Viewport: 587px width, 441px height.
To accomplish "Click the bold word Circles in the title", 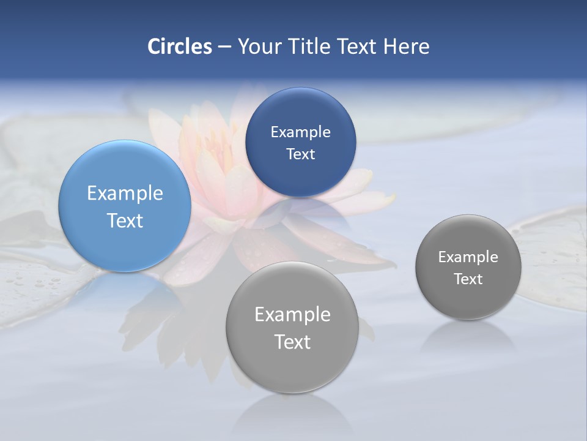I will tap(179, 47).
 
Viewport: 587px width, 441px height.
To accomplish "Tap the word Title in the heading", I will tap(310, 47).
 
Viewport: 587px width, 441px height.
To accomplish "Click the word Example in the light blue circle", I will tap(125, 194).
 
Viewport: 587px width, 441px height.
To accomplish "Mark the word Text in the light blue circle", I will tap(125, 221).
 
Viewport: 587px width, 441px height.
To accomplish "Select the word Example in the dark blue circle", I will tap(300, 132).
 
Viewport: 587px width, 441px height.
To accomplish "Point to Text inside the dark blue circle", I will tap(300, 154).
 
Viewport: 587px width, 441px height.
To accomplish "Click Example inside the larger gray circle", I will tap(292, 314).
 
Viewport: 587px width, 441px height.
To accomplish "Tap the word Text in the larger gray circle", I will tap(292, 342).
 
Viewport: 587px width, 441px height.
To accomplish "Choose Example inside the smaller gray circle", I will tap(468, 257).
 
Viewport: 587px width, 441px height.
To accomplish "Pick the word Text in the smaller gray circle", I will tap(468, 279).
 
